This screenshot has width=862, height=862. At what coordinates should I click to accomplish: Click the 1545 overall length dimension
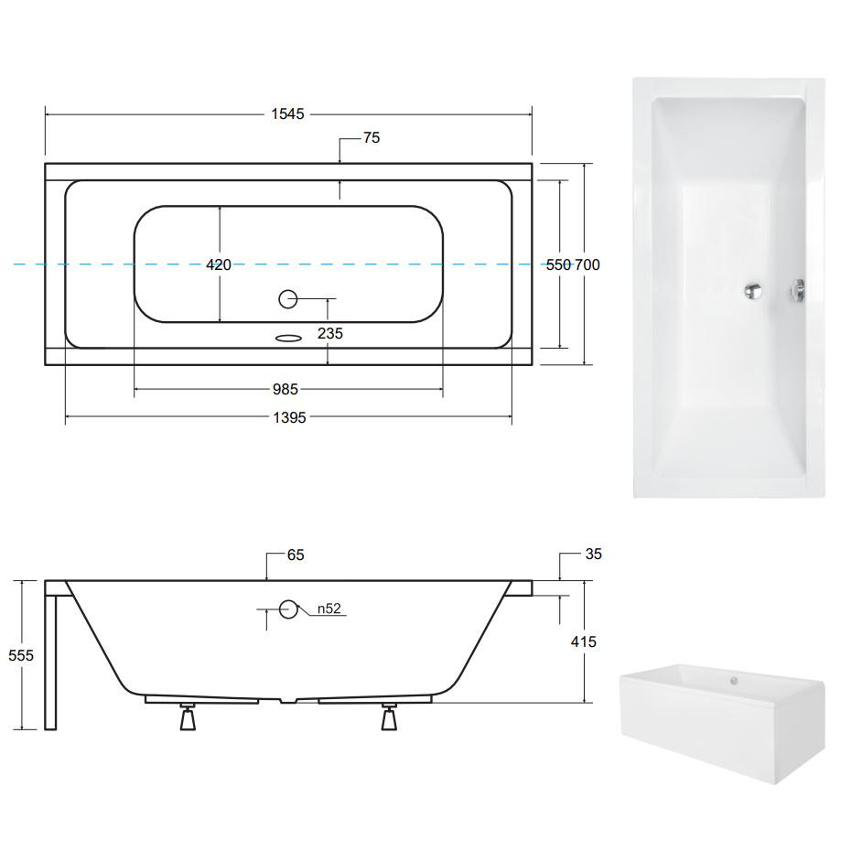pos(287,113)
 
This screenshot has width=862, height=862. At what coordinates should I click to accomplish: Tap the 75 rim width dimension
pos(372,137)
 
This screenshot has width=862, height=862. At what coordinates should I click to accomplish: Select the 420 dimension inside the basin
pos(219,265)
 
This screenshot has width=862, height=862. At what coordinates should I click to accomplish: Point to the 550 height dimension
pos(558,265)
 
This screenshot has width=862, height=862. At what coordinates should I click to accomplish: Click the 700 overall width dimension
pos(587,265)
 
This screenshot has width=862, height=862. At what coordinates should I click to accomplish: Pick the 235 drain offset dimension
pos(329,333)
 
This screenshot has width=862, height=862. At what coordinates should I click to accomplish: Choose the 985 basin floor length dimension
pos(286,389)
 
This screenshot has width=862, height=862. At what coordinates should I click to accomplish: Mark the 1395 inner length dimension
pos(290,418)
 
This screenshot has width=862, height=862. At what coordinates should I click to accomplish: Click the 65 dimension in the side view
pos(296,555)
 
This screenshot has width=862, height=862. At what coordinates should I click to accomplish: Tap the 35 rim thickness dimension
pos(594,555)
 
